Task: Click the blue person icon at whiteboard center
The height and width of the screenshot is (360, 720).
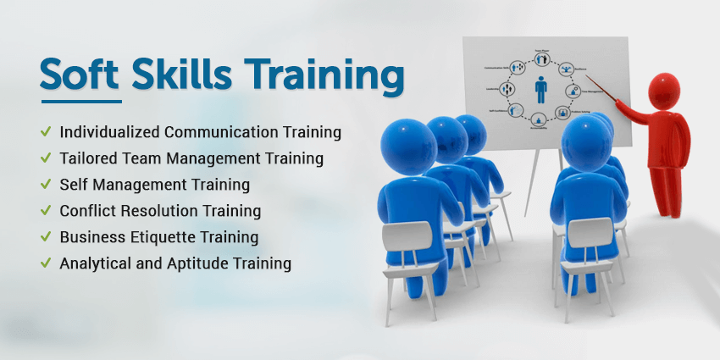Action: [540, 90]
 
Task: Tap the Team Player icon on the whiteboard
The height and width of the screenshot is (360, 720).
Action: [540, 58]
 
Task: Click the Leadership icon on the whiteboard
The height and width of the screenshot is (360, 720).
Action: [508, 89]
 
